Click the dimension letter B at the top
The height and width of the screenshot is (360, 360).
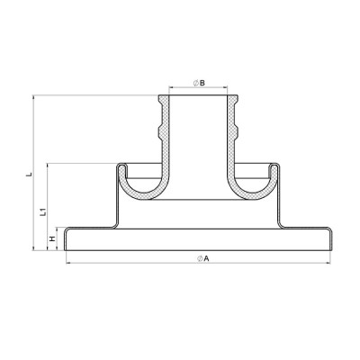(x=202, y=83)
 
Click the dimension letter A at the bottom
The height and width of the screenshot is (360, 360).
(x=206, y=258)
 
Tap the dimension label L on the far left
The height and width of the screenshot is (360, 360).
(x=29, y=175)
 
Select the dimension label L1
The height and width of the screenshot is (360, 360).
(x=43, y=211)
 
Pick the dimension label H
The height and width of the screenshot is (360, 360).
(x=52, y=239)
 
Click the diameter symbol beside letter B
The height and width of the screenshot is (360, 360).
(x=195, y=83)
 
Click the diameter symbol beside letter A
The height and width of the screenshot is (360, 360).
(x=200, y=258)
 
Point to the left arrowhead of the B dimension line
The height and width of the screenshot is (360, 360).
(x=171, y=87)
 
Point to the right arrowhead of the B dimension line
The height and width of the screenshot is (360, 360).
(x=225, y=87)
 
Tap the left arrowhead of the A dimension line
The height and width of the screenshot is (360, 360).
(x=68, y=263)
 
